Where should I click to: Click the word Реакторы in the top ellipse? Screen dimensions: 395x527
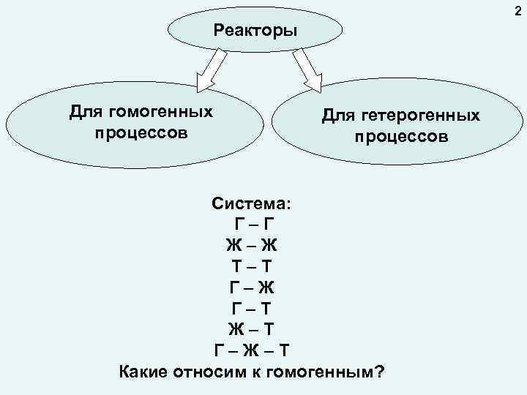(x=255, y=31)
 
